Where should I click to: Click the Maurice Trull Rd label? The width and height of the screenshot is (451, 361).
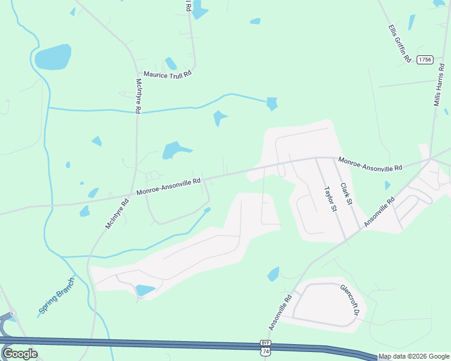[167, 74]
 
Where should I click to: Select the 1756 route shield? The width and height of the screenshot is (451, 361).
[426, 59]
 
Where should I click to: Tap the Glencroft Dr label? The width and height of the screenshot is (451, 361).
[350, 300]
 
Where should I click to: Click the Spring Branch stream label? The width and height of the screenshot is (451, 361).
[57, 295]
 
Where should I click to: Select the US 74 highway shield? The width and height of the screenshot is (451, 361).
[265, 351]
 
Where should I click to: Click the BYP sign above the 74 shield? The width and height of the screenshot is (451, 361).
[265, 342]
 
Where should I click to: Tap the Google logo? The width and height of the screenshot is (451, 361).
[20, 354]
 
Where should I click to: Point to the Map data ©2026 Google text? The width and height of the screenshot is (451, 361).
[414, 356]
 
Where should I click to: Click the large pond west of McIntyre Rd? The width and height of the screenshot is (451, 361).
[52, 57]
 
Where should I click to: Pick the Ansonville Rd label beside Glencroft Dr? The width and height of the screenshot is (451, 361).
[280, 311]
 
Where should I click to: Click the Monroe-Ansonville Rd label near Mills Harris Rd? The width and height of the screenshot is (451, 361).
[370, 163]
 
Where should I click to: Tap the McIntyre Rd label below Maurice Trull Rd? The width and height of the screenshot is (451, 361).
[139, 96]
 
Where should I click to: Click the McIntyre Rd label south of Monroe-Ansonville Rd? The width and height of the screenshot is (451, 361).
[118, 214]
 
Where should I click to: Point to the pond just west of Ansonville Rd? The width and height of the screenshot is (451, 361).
[274, 274]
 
